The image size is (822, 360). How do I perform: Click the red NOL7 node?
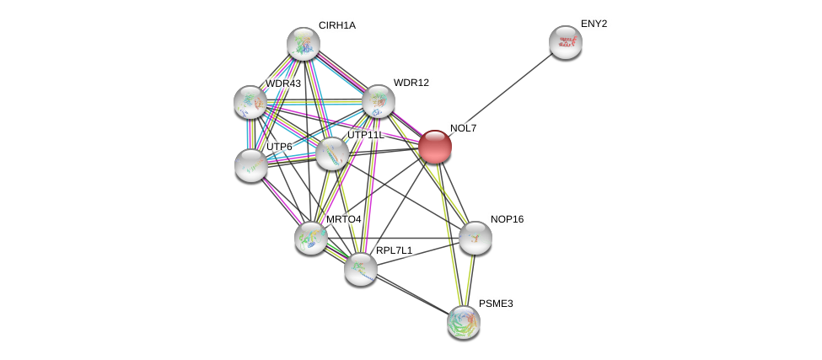pyautogui.click(x=435, y=147)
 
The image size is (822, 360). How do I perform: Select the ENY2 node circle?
pyautogui.click(x=565, y=42)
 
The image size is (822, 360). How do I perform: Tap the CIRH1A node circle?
pyautogui.click(x=303, y=44)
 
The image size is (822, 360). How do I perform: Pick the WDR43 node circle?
pyautogui.click(x=250, y=101)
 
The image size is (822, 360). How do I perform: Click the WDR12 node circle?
pyautogui.click(x=379, y=101)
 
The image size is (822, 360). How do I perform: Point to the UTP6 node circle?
pyautogui.click(x=251, y=164)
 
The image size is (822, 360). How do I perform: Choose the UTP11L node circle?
pyautogui.click(x=332, y=153)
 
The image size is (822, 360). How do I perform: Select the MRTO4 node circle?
pyautogui.click(x=311, y=237)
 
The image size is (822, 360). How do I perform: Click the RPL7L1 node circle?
pyautogui.click(x=361, y=268)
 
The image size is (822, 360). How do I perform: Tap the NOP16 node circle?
pyautogui.click(x=475, y=238)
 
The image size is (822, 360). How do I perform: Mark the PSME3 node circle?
pyautogui.click(x=463, y=321)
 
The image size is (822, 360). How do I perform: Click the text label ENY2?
pyautogui.click(x=594, y=24)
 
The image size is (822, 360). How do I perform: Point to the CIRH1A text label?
pyautogui.click(x=337, y=25)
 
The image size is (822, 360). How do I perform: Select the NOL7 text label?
pyautogui.click(x=463, y=128)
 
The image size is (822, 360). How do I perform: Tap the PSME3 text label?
pyautogui.click(x=495, y=303)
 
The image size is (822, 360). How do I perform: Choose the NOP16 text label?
pyautogui.click(x=507, y=219)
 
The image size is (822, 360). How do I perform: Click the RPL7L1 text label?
pyautogui.click(x=394, y=250)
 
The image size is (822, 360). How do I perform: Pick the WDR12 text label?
pyautogui.click(x=411, y=83)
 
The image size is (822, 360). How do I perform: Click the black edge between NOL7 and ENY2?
pyautogui.click(x=500, y=94)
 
